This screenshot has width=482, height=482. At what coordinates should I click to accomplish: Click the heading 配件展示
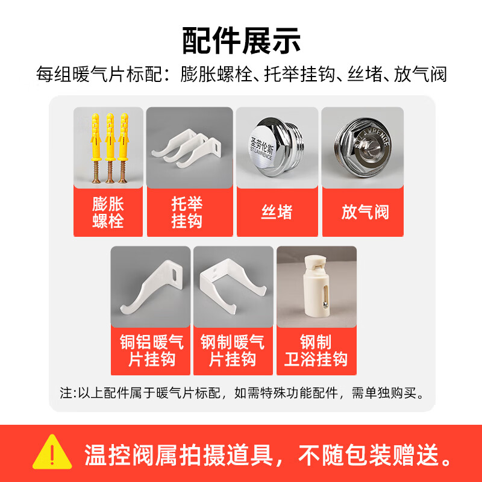coord(241,40)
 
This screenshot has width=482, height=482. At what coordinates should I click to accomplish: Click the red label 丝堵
coord(277,212)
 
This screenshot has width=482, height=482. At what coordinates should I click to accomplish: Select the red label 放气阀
coord(365,212)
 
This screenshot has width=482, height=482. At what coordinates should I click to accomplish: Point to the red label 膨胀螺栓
coord(108,212)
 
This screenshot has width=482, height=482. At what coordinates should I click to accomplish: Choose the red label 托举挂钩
coord(187,212)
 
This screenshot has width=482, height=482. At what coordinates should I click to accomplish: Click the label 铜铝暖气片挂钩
coord(152,351)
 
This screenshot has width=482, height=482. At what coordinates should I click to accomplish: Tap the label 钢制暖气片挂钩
coord(233,351)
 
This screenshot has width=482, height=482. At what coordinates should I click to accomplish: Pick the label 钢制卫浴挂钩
coord(316,351)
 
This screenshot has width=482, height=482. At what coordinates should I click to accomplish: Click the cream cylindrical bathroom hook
coord(318,287)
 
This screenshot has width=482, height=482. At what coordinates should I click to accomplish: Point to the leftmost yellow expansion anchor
coord(96,148)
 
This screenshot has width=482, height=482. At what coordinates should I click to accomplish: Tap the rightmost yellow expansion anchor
coord(124,148)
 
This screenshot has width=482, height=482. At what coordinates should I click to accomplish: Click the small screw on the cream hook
coord(325,304)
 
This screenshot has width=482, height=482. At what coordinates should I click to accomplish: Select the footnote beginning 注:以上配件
coord(242,393)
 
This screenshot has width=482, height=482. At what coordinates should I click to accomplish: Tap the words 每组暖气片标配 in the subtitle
coord(99,74)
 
